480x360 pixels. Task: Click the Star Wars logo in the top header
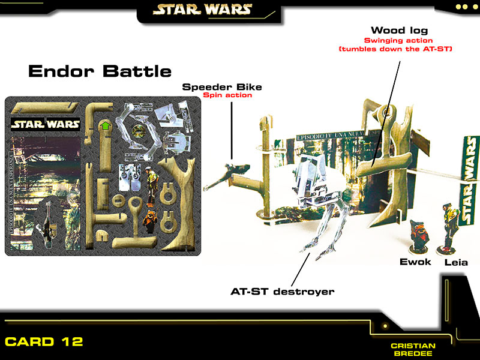click(202, 10)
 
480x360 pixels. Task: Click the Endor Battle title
click(100, 71)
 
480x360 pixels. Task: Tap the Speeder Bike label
click(222, 87)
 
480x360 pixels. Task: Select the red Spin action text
click(227, 95)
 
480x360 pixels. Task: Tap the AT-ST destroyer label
click(283, 292)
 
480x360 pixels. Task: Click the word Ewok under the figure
click(416, 262)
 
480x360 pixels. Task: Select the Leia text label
click(456, 262)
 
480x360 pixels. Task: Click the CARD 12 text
click(44, 342)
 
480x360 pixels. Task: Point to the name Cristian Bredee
click(413, 350)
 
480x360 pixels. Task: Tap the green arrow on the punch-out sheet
click(106, 126)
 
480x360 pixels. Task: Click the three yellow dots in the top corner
click(464, 7)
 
